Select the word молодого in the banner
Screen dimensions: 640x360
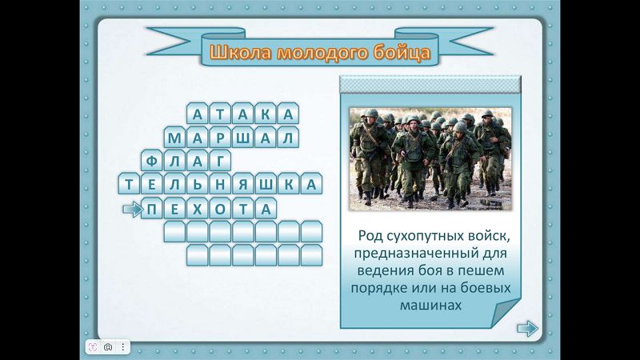(322, 53)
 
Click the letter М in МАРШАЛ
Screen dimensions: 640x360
(174, 138)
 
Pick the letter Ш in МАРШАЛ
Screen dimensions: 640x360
(243, 138)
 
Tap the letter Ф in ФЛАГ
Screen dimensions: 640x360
(152, 162)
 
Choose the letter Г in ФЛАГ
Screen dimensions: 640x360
(221, 162)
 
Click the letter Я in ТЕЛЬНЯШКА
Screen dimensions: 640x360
(243, 185)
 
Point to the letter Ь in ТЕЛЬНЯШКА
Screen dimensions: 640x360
(197, 185)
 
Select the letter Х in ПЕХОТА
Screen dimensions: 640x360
(197, 210)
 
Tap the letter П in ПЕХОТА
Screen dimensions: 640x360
(152, 210)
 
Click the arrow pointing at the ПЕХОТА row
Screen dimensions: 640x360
(133, 210)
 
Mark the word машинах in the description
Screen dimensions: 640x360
(430, 306)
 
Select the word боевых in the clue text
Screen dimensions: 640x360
(486, 288)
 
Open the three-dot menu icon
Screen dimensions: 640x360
(123, 347)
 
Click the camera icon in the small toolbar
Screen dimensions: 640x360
(108, 347)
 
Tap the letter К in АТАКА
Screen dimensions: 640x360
(266, 114)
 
